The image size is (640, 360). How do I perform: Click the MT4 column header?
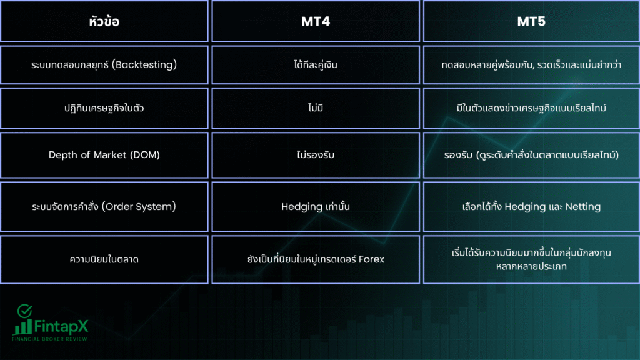[x=316, y=22]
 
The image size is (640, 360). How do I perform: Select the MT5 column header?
[x=531, y=22]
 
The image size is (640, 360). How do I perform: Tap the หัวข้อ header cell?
[x=104, y=21]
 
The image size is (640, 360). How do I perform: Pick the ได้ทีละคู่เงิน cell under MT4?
[x=316, y=64]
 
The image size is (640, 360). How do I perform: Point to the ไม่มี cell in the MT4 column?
[x=316, y=107]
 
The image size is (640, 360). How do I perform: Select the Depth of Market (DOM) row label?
[x=104, y=155]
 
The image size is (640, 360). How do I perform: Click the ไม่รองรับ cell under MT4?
[x=316, y=154]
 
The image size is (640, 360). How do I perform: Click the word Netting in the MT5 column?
[x=583, y=207]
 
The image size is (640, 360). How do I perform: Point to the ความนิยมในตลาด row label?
[x=104, y=259]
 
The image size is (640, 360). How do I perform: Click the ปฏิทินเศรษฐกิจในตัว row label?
[x=104, y=107]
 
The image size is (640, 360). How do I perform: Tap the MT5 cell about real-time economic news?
[x=531, y=107]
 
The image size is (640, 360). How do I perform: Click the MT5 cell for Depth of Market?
[x=531, y=155]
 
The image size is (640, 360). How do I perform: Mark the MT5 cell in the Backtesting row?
[x=531, y=64]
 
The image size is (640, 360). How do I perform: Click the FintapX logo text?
[x=61, y=326]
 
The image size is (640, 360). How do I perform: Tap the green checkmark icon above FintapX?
[x=24, y=311]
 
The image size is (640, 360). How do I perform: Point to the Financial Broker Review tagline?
[x=49, y=339]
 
